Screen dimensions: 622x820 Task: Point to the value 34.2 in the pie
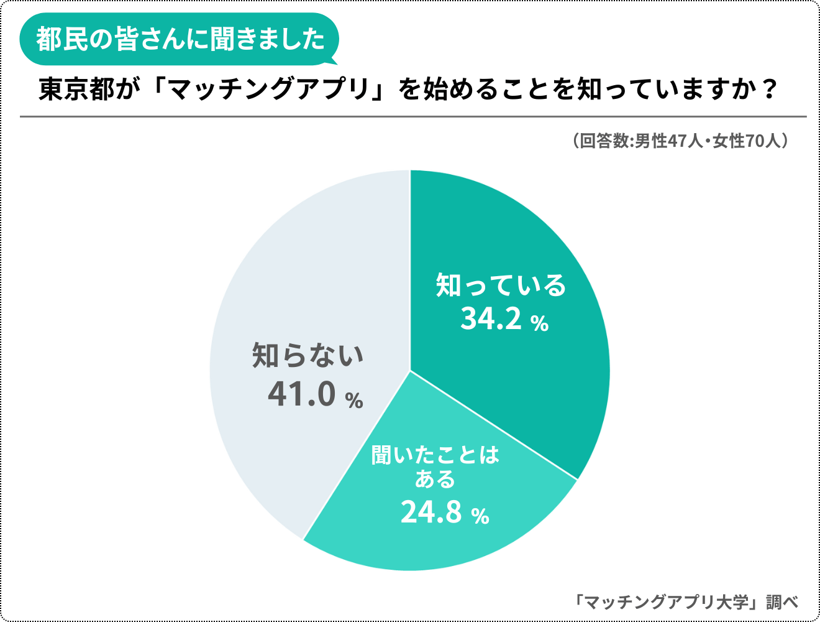point(491,318)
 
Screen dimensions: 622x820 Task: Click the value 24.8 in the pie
point(431,513)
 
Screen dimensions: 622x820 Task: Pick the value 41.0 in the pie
point(302,394)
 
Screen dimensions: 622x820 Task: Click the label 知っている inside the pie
point(501,285)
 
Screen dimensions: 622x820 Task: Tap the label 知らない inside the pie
point(307,356)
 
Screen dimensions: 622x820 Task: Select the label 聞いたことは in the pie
point(435,455)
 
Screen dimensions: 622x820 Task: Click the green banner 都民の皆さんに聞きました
point(180,39)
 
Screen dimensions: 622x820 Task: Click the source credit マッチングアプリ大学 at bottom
point(668,602)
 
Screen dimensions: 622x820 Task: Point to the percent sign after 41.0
point(354,400)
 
